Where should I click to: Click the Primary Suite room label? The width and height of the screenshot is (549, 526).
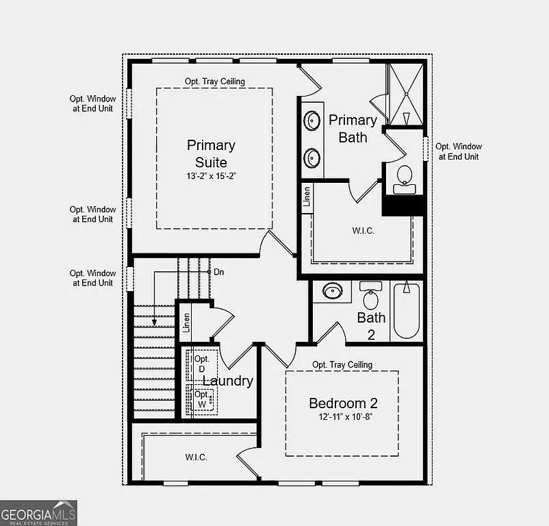click(211, 153)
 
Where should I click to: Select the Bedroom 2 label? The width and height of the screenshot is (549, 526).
click(343, 403)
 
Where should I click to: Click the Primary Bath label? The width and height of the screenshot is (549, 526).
click(353, 129)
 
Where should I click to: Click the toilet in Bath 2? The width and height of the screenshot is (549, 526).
click(371, 297)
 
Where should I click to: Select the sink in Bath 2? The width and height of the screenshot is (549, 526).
click(333, 291)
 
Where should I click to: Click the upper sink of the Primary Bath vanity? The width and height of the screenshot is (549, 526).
click(312, 121)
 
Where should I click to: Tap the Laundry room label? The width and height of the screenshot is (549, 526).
click(229, 381)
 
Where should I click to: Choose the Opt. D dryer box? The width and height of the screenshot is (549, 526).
click(202, 364)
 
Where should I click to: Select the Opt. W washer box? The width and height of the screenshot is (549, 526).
click(203, 400)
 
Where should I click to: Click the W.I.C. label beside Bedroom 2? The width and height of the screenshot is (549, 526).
click(196, 457)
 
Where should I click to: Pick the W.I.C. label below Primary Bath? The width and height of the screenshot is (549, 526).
click(363, 230)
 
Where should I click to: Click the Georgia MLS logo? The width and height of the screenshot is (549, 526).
click(39, 512)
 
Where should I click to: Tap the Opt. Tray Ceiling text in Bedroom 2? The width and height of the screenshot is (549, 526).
click(342, 365)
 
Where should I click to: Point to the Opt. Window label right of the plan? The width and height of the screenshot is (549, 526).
click(459, 151)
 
